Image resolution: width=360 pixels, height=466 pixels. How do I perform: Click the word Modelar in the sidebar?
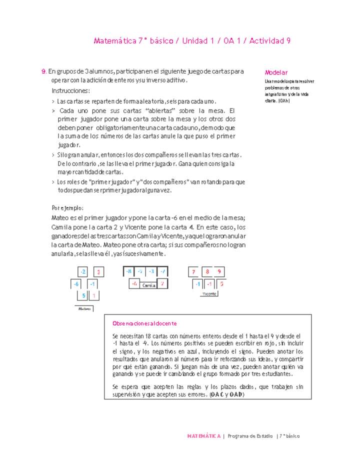(x=276, y=72)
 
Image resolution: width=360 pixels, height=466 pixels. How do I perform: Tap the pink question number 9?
(x=44, y=71)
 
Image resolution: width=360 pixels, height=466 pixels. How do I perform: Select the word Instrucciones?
(x=71, y=91)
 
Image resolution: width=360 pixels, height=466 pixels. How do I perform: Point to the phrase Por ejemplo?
(x=67, y=208)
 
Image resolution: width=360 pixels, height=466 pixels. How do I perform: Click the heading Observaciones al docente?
(x=144, y=323)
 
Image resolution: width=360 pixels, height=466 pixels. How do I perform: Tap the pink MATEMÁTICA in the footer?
(x=203, y=436)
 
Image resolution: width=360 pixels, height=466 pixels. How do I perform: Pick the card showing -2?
(x=83, y=272)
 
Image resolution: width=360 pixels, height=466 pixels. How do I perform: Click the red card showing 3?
(x=99, y=272)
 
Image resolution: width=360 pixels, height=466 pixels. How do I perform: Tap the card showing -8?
(x=129, y=271)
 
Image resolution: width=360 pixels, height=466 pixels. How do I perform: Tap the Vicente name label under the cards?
(x=209, y=294)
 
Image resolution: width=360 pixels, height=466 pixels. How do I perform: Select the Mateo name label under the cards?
(x=83, y=308)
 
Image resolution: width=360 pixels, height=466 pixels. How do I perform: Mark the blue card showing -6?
(x=76, y=284)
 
